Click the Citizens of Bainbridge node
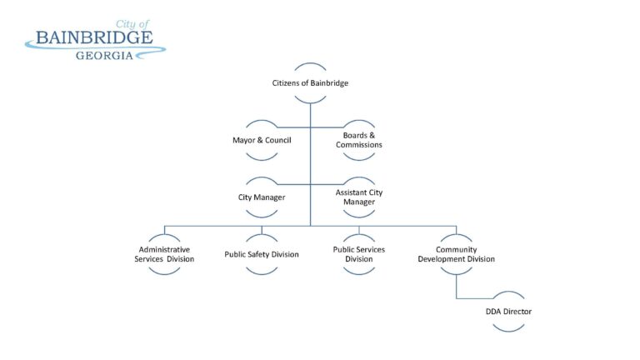(310, 83)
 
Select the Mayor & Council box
(262, 140)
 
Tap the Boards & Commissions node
(359, 140)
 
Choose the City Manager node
(262, 197)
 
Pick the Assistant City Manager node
(359, 197)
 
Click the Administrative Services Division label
(164, 254)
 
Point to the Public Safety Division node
(262, 254)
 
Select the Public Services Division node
(359, 254)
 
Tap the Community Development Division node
(457, 254)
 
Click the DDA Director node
(508, 312)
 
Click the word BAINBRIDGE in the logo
(93, 38)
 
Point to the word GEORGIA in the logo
(104, 56)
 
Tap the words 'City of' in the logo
(133, 25)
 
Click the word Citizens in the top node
(287, 83)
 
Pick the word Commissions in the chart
(359, 145)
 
